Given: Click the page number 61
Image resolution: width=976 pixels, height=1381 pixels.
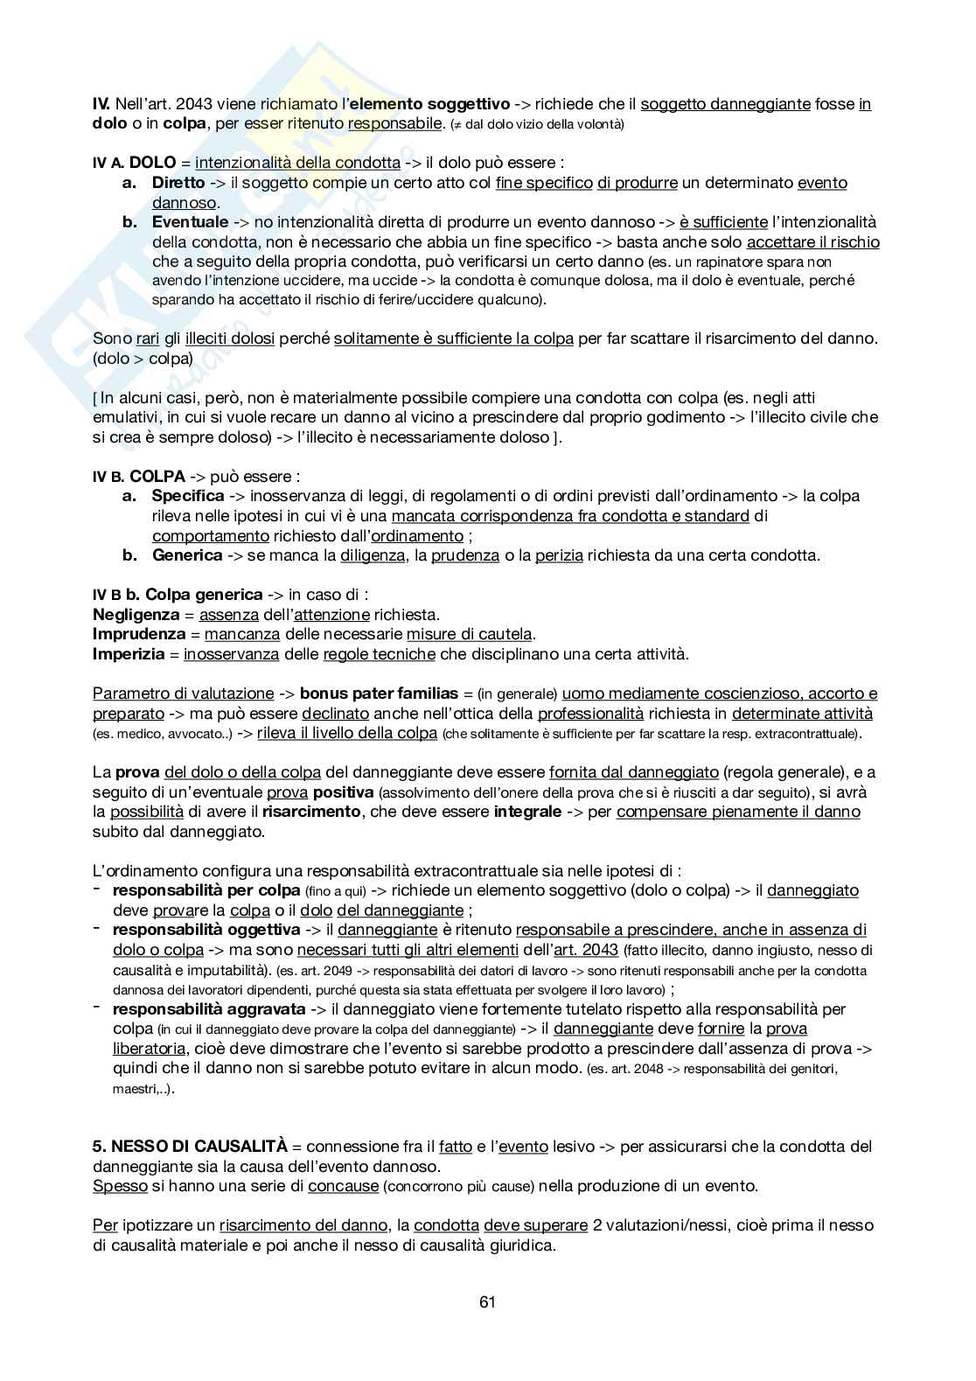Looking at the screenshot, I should [487, 1302].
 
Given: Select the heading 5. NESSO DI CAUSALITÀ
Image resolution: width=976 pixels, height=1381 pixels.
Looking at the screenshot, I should [190, 1146].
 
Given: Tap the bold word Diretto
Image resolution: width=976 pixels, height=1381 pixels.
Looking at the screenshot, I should [178, 183].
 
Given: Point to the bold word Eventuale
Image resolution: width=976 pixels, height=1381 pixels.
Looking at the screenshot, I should [190, 222].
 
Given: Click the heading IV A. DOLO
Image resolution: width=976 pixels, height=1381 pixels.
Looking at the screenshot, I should [140, 163].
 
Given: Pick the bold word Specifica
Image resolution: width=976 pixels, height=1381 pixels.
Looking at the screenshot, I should [188, 496].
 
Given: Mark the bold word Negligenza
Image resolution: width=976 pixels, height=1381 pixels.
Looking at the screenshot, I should [138, 615].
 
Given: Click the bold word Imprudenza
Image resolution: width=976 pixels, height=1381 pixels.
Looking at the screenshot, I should [139, 634].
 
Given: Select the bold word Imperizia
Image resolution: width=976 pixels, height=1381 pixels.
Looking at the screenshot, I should [129, 654].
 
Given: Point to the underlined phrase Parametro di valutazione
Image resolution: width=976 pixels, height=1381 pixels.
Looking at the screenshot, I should [183, 694].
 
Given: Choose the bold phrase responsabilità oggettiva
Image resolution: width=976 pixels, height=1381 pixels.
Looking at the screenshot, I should [206, 930].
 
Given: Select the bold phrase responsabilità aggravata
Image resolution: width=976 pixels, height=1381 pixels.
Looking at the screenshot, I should [209, 1009].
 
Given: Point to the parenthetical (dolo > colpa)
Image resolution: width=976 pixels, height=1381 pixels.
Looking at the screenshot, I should [143, 359].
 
